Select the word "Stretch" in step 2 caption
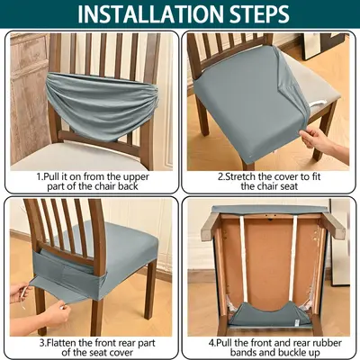tap(238, 176)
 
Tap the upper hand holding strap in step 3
tap(21, 292)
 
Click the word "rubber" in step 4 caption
tap(326, 343)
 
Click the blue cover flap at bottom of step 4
tap(269, 315)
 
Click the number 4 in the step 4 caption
tap(211, 343)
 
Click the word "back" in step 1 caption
tap(128, 186)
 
